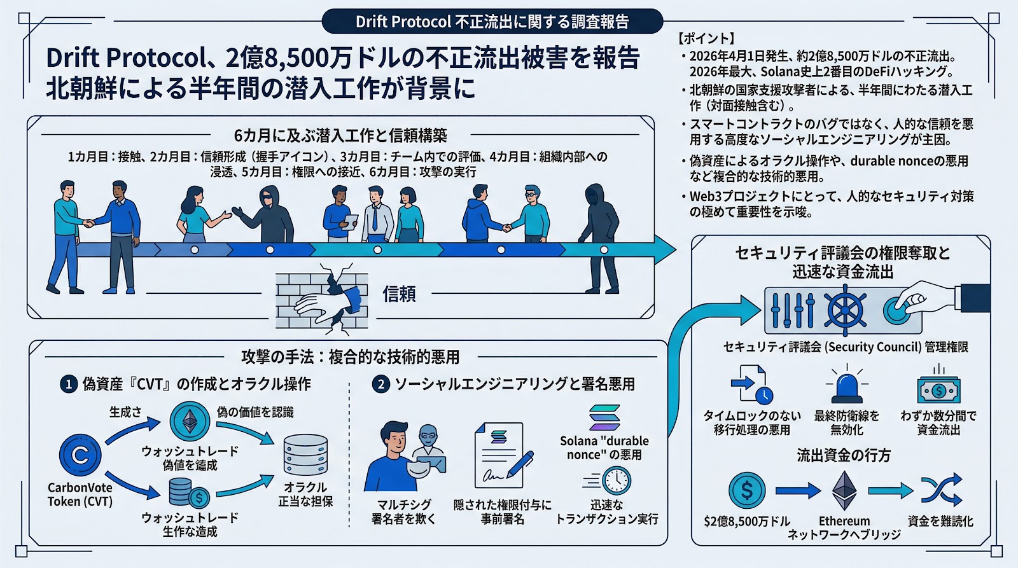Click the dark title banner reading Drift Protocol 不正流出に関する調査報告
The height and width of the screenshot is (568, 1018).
tap(492, 22)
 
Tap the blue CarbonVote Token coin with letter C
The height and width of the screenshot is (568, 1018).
tap(80, 455)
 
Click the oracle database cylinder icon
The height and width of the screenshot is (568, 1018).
tap(305, 454)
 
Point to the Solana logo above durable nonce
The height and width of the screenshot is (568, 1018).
tap(604, 419)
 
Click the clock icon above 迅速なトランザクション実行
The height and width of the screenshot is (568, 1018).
tap(616, 480)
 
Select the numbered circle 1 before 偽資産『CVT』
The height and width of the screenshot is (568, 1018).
tap(68, 384)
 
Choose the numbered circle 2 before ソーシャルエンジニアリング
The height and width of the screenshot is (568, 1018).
tap(380, 384)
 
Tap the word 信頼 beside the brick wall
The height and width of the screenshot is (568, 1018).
tap(399, 294)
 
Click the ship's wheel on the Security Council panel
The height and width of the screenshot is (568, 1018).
tap(845, 310)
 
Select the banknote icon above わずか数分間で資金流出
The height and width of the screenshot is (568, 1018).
tap(938, 390)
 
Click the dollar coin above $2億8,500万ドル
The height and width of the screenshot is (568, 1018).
tap(746, 490)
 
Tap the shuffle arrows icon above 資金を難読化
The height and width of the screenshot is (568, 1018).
tap(941, 490)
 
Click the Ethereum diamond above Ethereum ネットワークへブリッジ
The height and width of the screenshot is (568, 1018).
tap(844, 490)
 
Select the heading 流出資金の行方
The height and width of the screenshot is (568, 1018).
tap(844, 455)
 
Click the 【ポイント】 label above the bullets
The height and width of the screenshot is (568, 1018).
tap(706, 38)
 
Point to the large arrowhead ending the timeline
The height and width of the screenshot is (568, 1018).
tap(664, 249)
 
